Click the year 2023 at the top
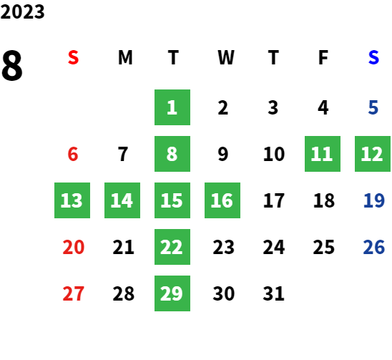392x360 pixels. pyautogui.click(x=22, y=11)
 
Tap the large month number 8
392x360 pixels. pyautogui.click(x=12, y=65)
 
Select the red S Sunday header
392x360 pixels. pyautogui.click(x=73, y=57)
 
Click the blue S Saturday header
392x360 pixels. pyautogui.click(x=373, y=57)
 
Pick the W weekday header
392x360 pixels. pyautogui.click(x=226, y=57)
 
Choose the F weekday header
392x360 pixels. pyautogui.click(x=323, y=57)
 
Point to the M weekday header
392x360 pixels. pyautogui.click(x=125, y=57)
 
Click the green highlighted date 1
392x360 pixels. pyautogui.click(x=172, y=107)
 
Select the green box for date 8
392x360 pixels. pyautogui.click(x=172, y=154)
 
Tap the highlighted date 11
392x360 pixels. pyautogui.click(x=323, y=154)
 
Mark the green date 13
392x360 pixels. pyautogui.click(x=72, y=200)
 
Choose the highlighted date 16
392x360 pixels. pyautogui.click(x=222, y=200)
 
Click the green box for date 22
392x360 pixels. pyautogui.click(x=172, y=247)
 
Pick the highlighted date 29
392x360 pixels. pyautogui.click(x=172, y=293)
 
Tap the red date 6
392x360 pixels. pyautogui.click(x=73, y=154)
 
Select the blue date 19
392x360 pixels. pyautogui.click(x=373, y=200)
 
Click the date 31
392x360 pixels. pyautogui.click(x=273, y=293)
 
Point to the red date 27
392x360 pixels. pyautogui.click(x=73, y=293)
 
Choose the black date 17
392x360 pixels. pyautogui.click(x=274, y=200)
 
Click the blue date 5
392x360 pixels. pyautogui.click(x=373, y=107)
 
